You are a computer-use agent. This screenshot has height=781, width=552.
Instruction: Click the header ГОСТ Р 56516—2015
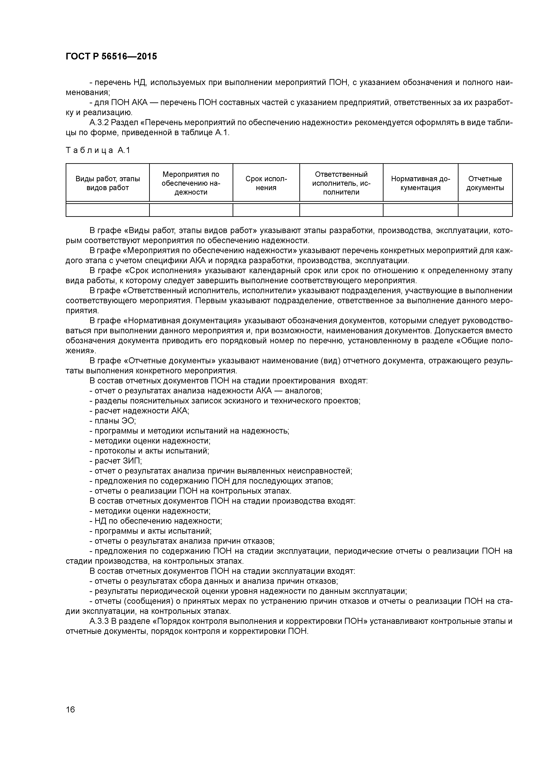pos(111,57)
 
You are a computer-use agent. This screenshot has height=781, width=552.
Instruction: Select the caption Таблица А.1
pos(98,150)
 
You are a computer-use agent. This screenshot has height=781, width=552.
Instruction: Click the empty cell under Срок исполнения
pos(266,210)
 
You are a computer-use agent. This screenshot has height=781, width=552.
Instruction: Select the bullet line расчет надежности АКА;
pos(139,411)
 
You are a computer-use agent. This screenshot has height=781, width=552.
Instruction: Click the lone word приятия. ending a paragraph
pos(82,311)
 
